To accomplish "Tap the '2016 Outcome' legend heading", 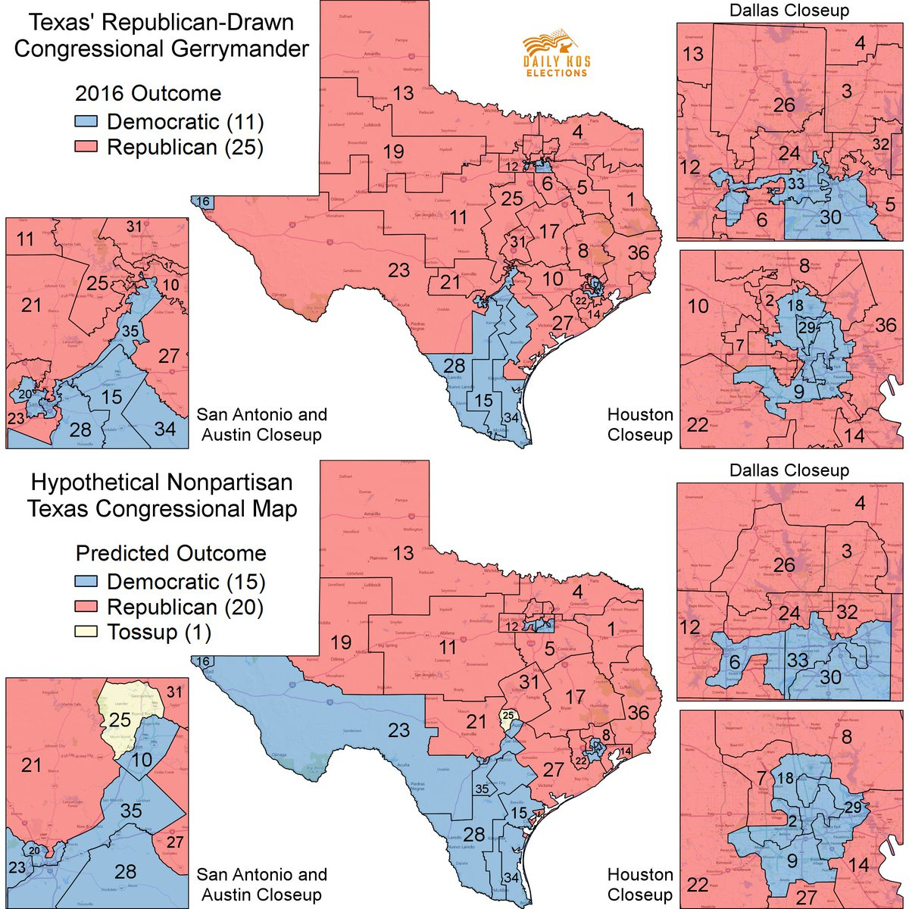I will (x=148, y=94).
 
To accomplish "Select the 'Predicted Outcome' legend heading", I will (x=171, y=553).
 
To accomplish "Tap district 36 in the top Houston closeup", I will (x=885, y=326).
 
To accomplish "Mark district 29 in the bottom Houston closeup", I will (x=853, y=807).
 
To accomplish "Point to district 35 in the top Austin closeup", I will (x=130, y=330).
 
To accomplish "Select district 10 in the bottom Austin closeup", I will (x=137, y=760).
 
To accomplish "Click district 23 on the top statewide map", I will (x=398, y=270).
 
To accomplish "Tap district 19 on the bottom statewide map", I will (x=341, y=642).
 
